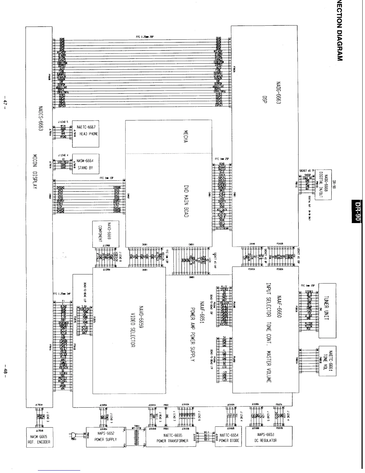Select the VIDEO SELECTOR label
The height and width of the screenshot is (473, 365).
pos(133,328)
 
